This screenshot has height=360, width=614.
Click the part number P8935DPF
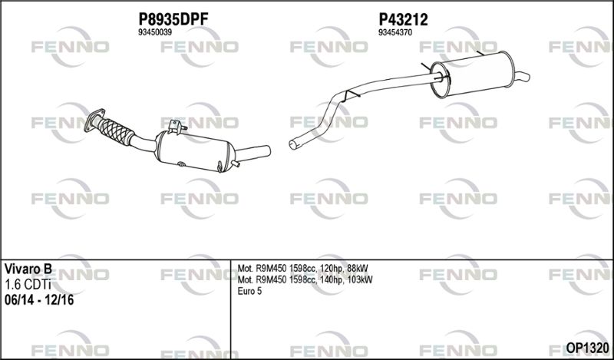coord(173,19)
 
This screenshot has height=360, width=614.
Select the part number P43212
coord(403,19)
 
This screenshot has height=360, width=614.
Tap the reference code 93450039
coord(155,33)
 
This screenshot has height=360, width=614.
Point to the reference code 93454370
coord(395,33)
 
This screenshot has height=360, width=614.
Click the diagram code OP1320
coord(587,348)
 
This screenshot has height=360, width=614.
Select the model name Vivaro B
coord(28,269)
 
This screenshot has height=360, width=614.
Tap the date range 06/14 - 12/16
coord(39,300)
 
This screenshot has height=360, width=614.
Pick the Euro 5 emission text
coord(249,291)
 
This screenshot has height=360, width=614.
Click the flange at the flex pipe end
coord(94,120)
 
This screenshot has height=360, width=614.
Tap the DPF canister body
coord(195,150)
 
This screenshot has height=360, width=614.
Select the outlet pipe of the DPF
coord(253,154)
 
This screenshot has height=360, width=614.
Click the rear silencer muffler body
coord(472,74)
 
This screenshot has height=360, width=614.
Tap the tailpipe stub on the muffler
coord(522,77)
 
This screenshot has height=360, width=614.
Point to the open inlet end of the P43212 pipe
coord(292,145)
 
